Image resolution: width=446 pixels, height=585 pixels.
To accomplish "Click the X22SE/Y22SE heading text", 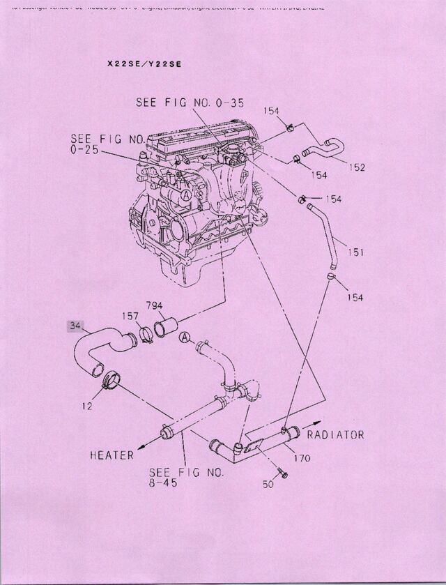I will pos(144,63).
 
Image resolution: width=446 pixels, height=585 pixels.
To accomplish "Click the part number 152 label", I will pos(357,167).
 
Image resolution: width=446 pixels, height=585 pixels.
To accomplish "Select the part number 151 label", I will pos(355,252).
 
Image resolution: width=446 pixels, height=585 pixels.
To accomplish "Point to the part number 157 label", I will pos(132,315).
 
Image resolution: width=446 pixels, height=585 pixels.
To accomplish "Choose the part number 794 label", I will pos(155,305).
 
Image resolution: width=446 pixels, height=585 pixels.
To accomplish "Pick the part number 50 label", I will pos(268,483).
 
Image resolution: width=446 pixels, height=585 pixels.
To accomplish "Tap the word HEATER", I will pos(111,455).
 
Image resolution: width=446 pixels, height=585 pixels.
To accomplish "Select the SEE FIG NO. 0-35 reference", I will pos(190,103).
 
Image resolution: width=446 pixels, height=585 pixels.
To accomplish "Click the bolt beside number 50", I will pos(283,474).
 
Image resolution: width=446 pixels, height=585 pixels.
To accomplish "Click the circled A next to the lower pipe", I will pos(184,337).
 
